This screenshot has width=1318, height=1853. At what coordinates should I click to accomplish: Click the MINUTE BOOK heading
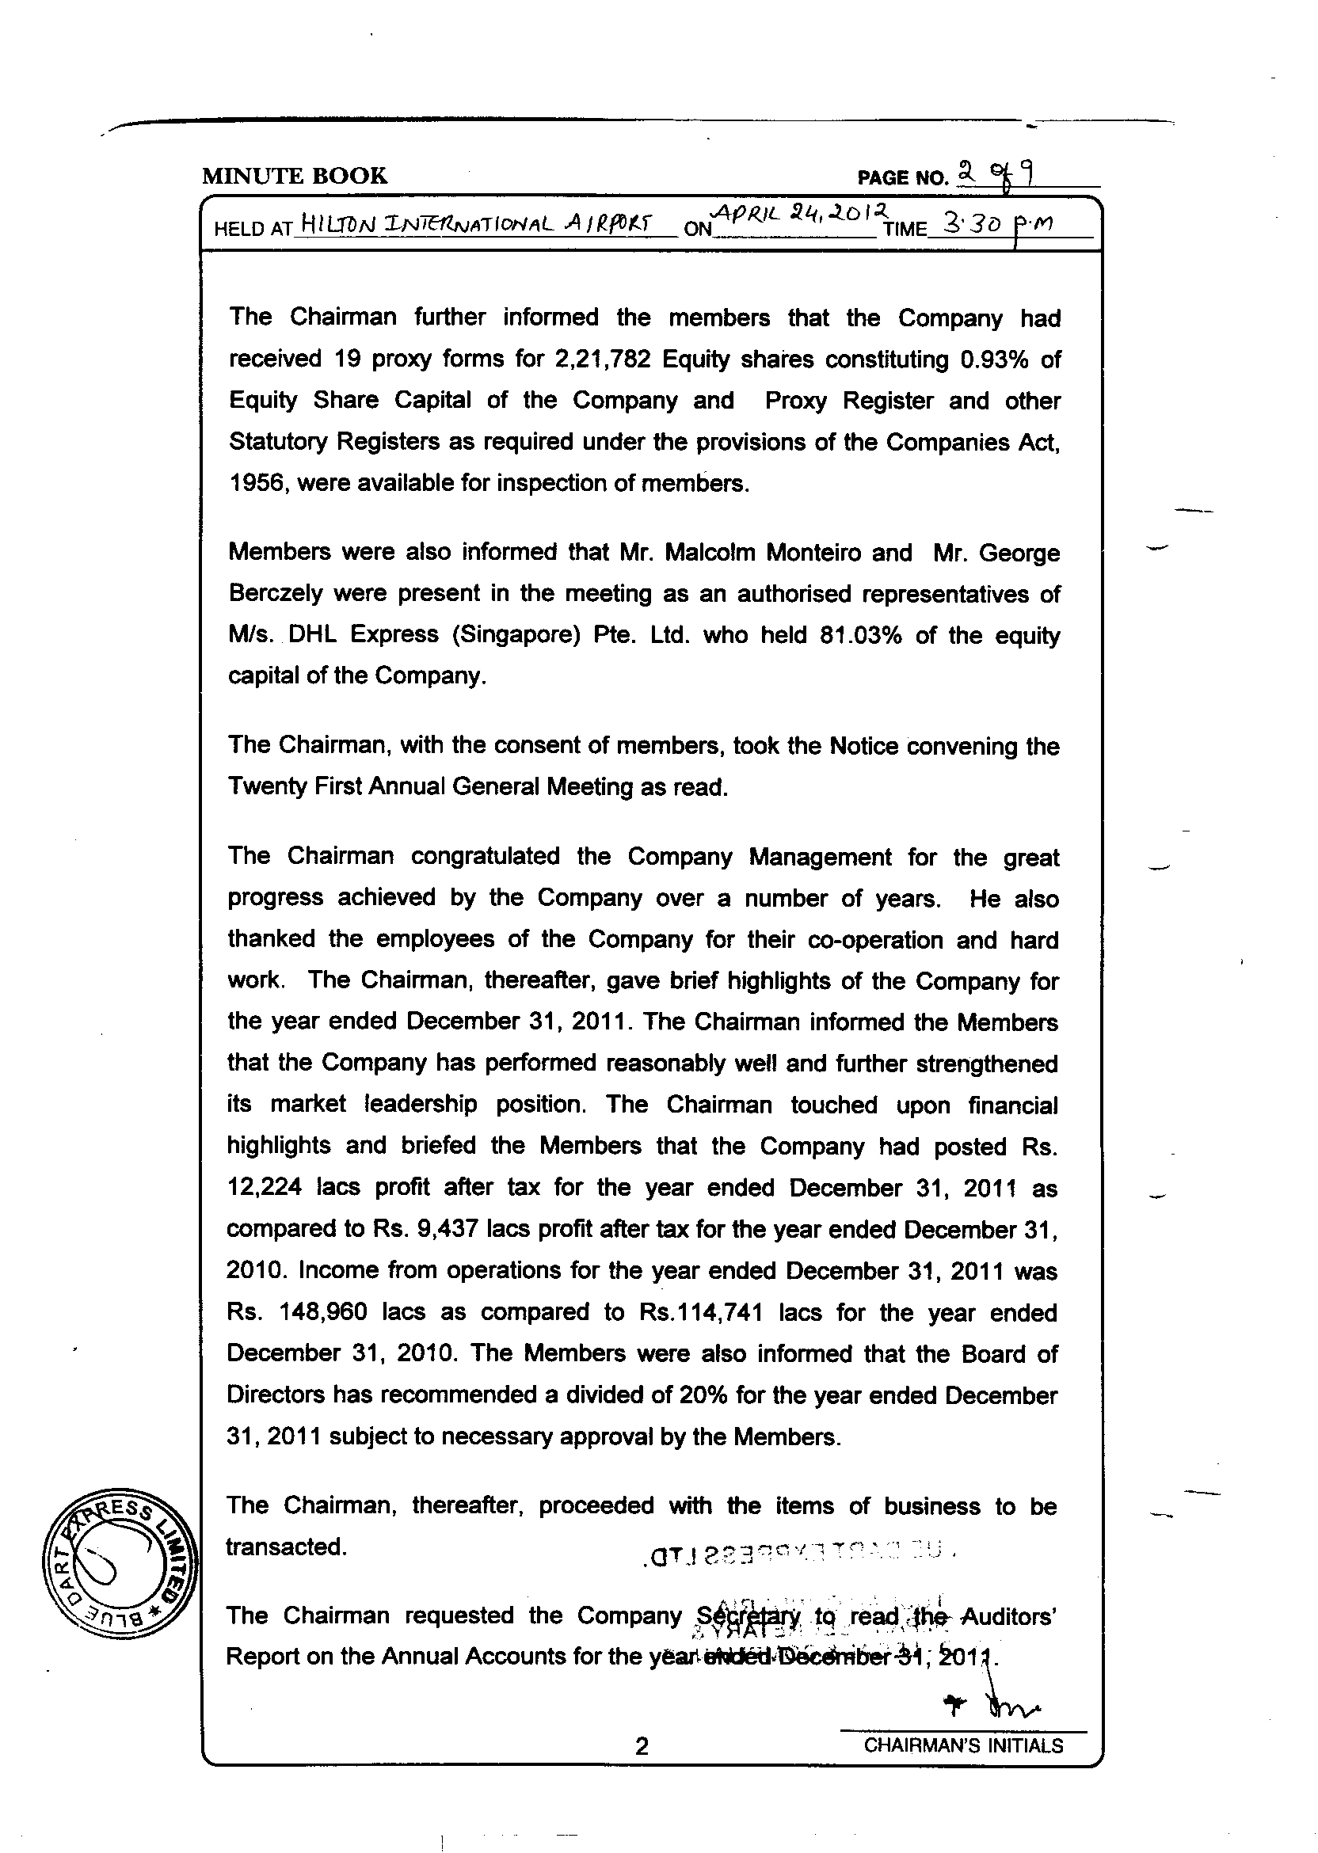[x=295, y=175]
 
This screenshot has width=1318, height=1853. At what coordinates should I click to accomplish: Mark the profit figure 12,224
[x=265, y=1188]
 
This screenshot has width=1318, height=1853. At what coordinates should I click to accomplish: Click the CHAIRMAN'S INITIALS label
[x=962, y=1767]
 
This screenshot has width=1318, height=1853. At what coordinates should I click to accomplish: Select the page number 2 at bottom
[x=641, y=1767]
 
